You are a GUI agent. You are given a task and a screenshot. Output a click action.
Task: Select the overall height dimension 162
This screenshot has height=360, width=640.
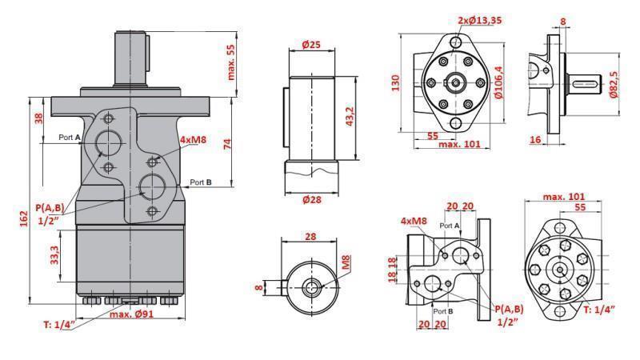tap(23, 218)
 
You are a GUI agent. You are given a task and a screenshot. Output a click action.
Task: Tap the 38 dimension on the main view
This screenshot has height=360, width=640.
tap(38, 118)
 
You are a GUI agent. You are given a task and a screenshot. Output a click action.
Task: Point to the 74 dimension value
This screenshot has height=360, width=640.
tap(226, 144)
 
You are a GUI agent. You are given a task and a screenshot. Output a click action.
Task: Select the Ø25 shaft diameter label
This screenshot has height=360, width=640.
tap(311, 44)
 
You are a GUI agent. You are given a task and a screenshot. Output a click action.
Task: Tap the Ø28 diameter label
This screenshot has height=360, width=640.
tap(311, 200)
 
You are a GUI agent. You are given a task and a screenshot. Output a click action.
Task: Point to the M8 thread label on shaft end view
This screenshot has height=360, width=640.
tap(346, 262)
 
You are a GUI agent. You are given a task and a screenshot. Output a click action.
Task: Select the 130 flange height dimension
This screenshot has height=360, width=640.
tap(394, 83)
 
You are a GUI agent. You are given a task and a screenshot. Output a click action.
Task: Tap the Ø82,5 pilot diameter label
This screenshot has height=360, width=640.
tap(614, 83)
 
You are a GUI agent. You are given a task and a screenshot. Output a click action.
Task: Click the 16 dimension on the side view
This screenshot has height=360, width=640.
tap(536, 139)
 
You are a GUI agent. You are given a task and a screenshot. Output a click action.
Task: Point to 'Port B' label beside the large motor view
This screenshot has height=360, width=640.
tap(200, 182)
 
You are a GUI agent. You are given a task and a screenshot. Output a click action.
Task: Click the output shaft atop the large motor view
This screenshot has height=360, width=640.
tap(133, 56)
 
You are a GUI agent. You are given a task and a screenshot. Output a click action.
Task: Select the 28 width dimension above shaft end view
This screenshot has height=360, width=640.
tap(311, 236)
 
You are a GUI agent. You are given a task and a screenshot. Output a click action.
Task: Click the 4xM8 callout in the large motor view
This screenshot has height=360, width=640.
tap(194, 139)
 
